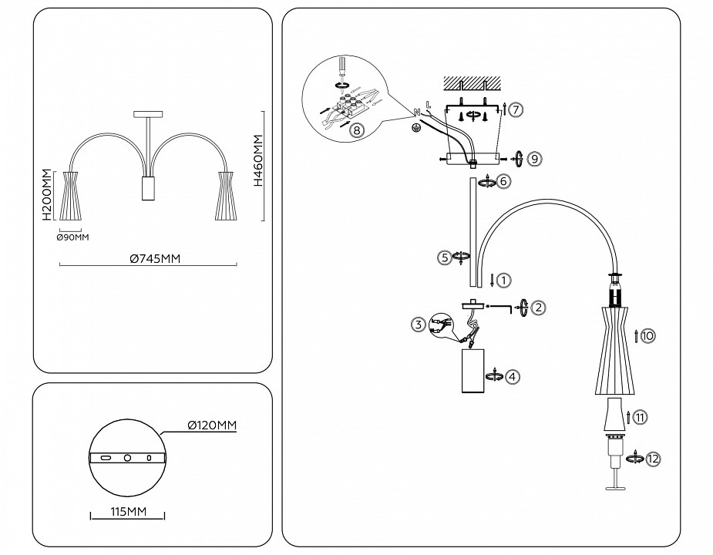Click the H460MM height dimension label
click(258, 163)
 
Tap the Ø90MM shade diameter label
click(73, 237)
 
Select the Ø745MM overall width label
click(154, 259)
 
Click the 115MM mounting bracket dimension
click(127, 512)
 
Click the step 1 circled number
click(502, 281)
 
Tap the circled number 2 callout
click(539, 307)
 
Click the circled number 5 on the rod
click(444, 257)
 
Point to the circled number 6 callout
click(504, 181)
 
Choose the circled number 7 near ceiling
click(516, 109)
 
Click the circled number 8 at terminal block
click(355, 129)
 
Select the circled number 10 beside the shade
click(647, 336)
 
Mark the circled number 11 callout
click(641, 417)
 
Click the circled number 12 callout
click(653, 459)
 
